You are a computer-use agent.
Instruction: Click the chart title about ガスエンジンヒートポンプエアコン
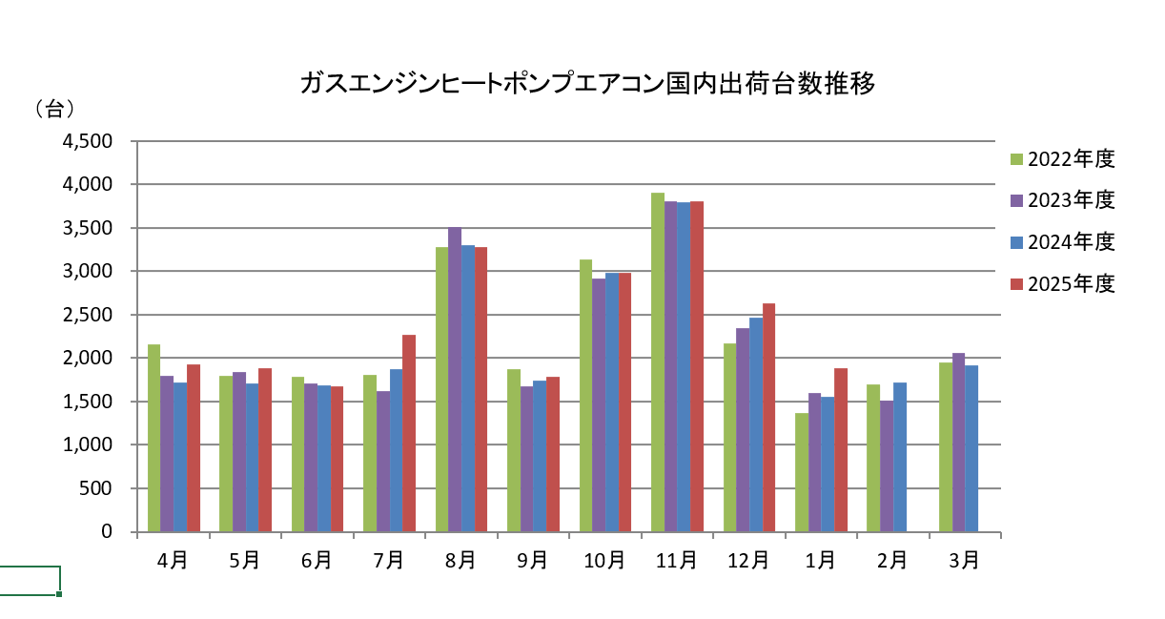[586, 85]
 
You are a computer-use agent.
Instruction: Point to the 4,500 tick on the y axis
[87, 141]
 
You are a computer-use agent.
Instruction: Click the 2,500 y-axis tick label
[87, 315]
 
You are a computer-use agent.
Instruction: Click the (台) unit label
[54, 109]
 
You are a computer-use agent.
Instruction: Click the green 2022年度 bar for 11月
[658, 362]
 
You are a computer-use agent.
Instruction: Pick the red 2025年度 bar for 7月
[409, 433]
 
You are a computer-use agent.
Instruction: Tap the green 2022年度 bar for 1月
[802, 472]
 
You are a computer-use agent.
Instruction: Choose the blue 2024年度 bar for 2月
[900, 457]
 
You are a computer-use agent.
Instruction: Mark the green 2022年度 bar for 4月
[154, 438]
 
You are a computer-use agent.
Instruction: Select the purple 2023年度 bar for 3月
[959, 443]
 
